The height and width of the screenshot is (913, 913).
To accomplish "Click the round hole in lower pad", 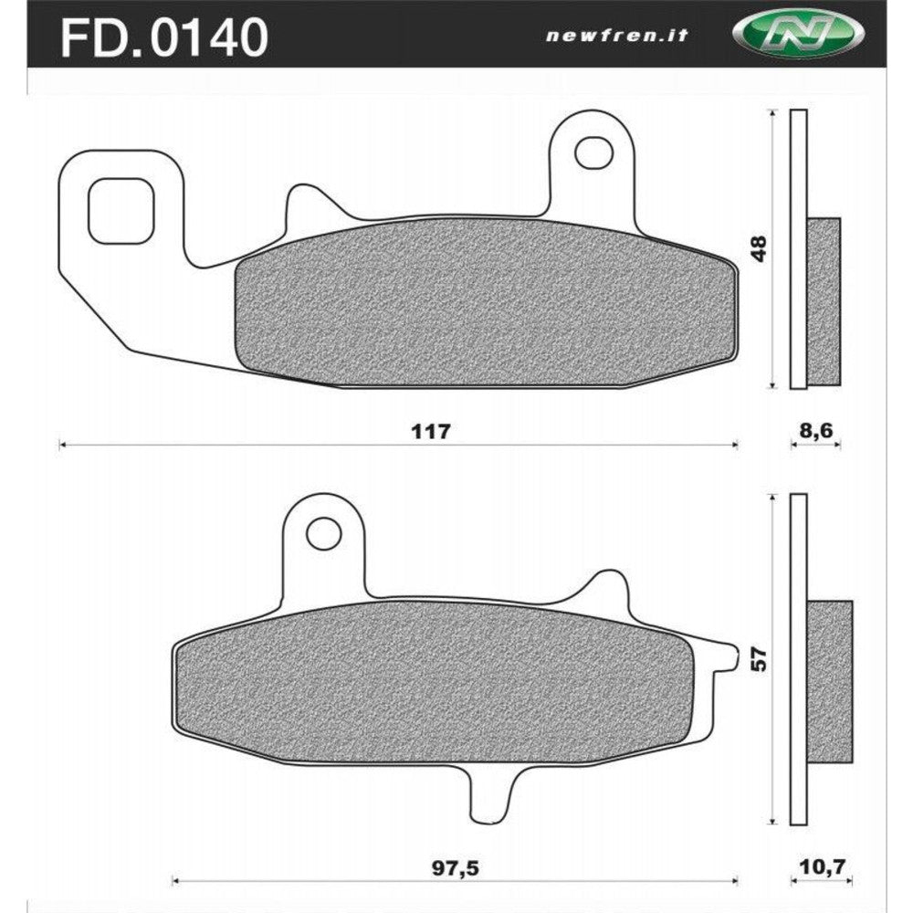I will click(x=323, y=532).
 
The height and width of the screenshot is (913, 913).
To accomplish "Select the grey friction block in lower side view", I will click(x=829, y=680).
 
